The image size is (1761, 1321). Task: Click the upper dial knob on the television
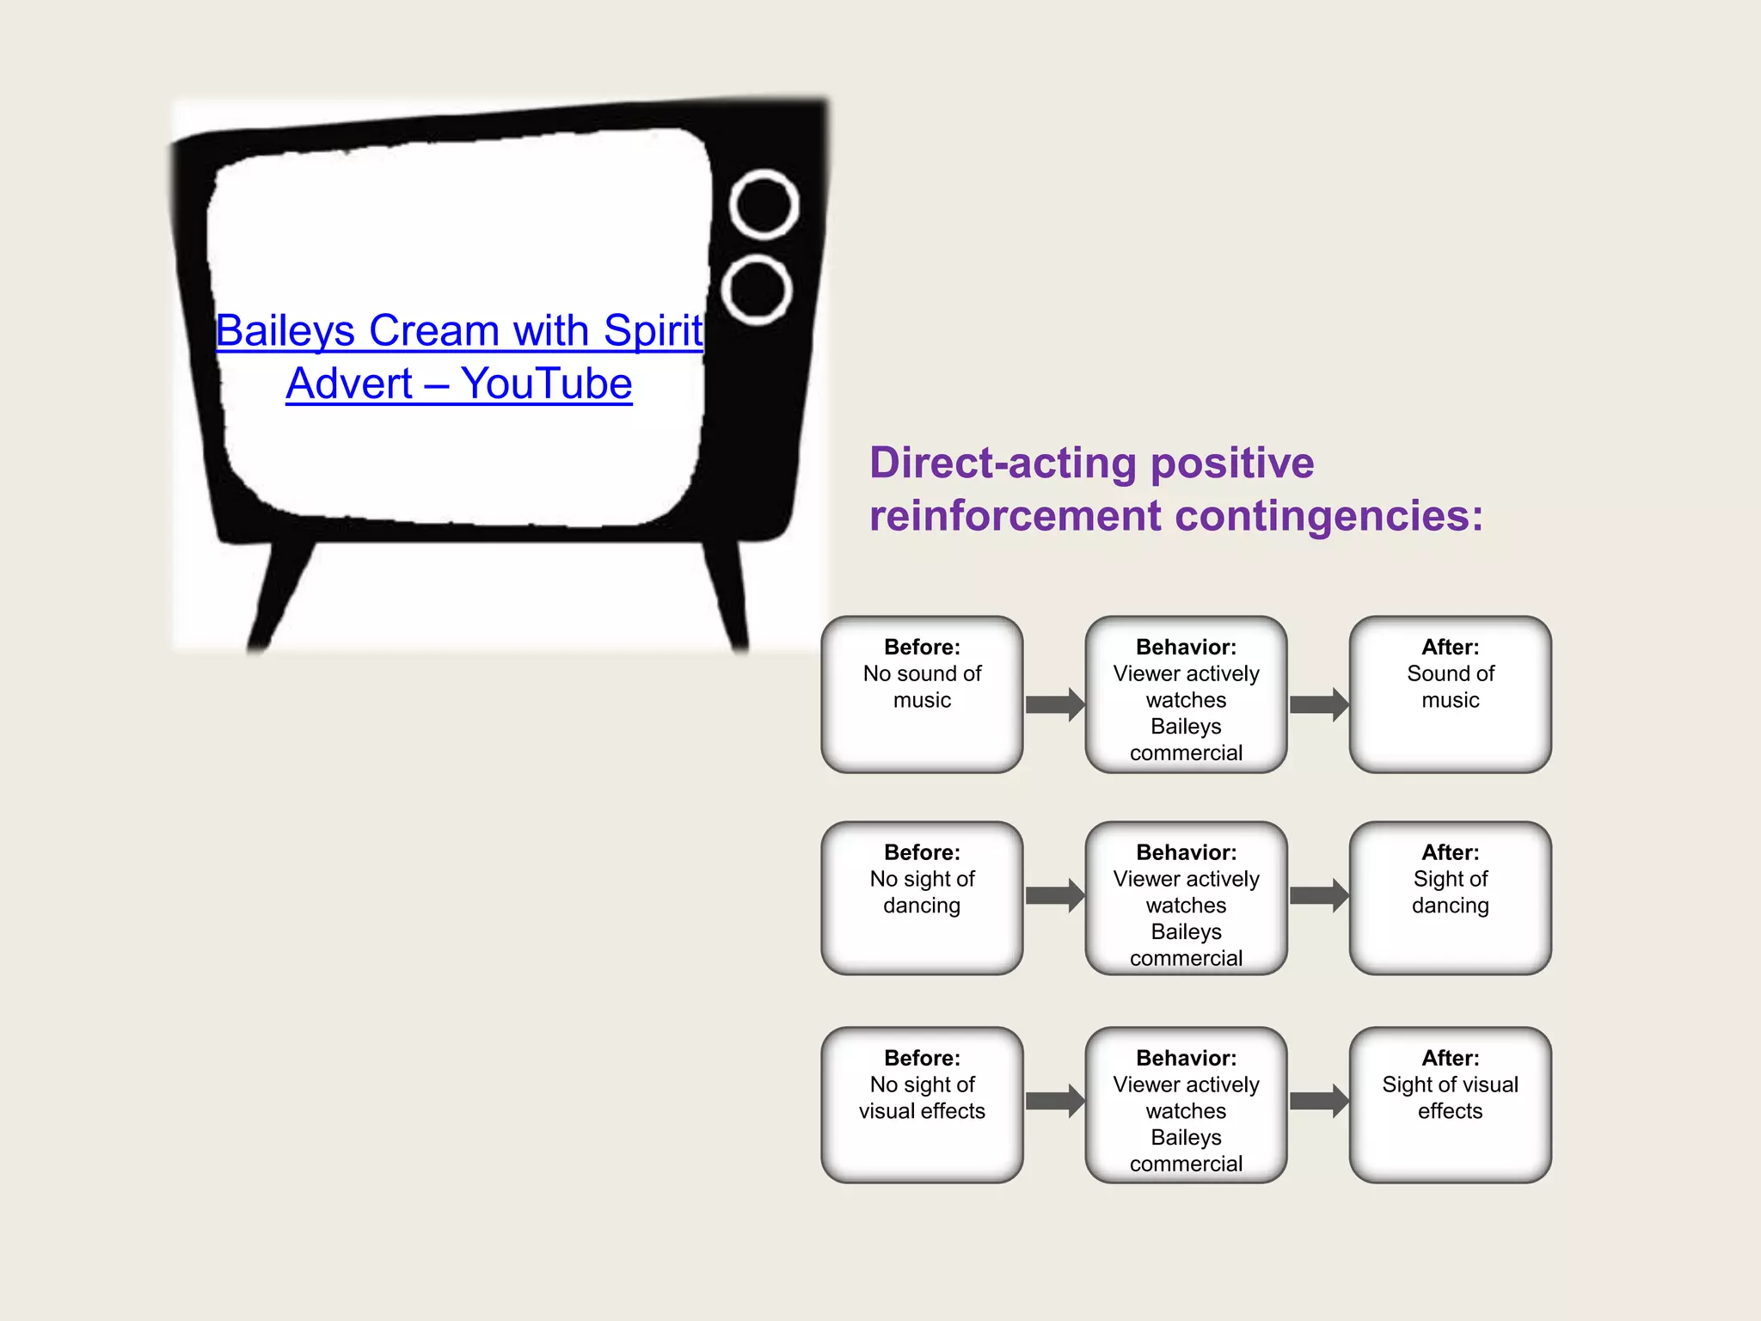pyautogui.click(x=764, y=205)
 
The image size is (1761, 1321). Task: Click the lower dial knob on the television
pyautogui.click(x=757, y=290)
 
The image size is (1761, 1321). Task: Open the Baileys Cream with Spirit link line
pyautogui.click(x=459, y=331)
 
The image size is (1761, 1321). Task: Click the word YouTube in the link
pyautogui.click(x=546, y=384)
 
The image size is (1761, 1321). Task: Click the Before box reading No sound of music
pyautogui.click(x=922, y=694)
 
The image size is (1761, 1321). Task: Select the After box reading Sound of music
pyautogui.click(x=1450, y=694)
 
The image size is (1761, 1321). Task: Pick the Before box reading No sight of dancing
pyautogui.click(x=922, y=898)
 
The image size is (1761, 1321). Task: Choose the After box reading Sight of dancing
pyautogui.click(x=1450, y=898)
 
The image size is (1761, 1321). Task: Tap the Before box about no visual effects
pyautogui.click(x=922, y=1104)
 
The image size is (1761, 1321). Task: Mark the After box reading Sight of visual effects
pyautogui.click(x=1450, y=1104)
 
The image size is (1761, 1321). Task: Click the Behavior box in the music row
pyautogui.click(x=1186, y=694)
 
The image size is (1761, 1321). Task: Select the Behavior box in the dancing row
pyautogui.click(x=1186, y=898)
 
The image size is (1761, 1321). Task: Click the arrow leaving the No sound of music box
pyautogui.click(x=1054, y=704)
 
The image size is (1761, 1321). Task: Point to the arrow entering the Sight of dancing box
pyautogui.click(x=1318, y=895)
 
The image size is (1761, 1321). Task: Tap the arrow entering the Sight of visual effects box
pyautogui.click(x=1318, y=1101)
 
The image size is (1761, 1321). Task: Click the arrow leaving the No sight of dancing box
pyautogui.click(x=1054, y=895)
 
